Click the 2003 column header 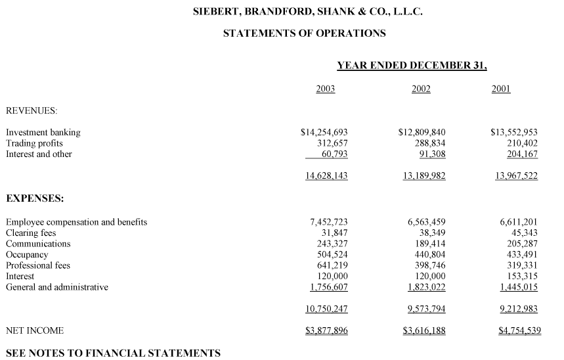[x=325, y=89]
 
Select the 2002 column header [x=421, y=89]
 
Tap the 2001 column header [x=501, y=89]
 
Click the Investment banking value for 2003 [x=324, y=132]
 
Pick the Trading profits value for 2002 [x=427, y=143]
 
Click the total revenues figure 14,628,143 [x=326, y=175]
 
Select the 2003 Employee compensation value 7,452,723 [x=328, y=222]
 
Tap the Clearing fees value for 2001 [x=524, y=233]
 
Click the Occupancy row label [x=27, y=254]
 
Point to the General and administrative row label [x=57, y=287]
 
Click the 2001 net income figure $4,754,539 [x=519, y=330]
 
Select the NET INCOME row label [x=35, y=330]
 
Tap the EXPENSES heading [x=34, y=198]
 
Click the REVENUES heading [x=32, y=110]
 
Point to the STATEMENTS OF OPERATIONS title [x=304, y=33]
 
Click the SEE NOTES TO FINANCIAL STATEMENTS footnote [x=113, y=353]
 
